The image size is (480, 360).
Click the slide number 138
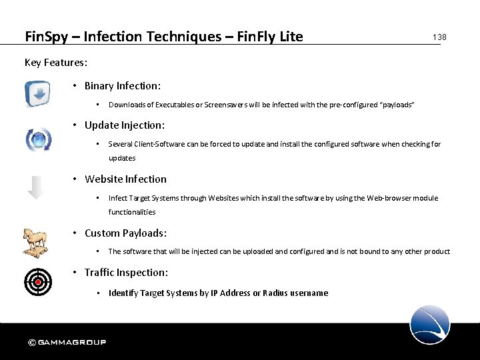(439, 37)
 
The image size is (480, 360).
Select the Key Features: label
(56, 63)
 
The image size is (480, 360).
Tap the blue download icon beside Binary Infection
(37, 93)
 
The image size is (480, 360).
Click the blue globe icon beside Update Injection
(38, 139)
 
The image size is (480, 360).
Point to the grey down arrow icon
(37, 187)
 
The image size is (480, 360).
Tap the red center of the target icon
(38, 281)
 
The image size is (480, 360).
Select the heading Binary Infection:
(123, 86)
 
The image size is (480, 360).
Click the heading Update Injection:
(125, 125)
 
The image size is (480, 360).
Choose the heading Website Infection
(125, 179)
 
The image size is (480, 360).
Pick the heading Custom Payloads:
(125, 233)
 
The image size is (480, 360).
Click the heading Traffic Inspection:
(126, 273)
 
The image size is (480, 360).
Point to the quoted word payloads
(397, 105)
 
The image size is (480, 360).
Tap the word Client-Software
(161, 144)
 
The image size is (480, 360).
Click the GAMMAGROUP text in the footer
(72, 343)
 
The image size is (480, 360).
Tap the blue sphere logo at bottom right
(430, 325)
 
